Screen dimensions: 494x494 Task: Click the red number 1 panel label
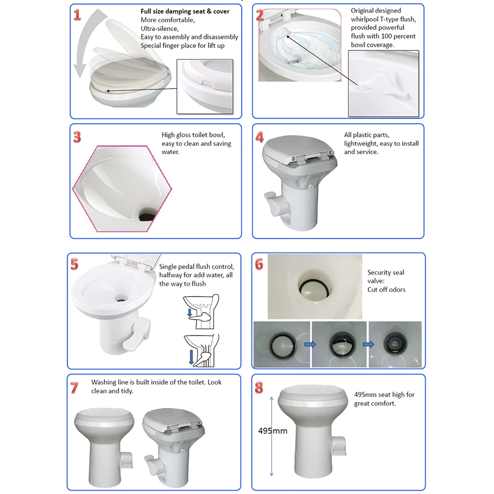[77, 15]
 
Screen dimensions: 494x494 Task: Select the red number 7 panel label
[74, 388]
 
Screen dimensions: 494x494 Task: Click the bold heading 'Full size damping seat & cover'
[185, 11]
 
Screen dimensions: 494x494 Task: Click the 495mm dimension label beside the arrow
[273, 431]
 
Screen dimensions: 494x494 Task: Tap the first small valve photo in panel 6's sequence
[281, 344]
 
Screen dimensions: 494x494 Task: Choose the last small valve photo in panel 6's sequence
[395, 344]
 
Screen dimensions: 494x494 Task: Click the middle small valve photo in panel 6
[338, 344]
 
